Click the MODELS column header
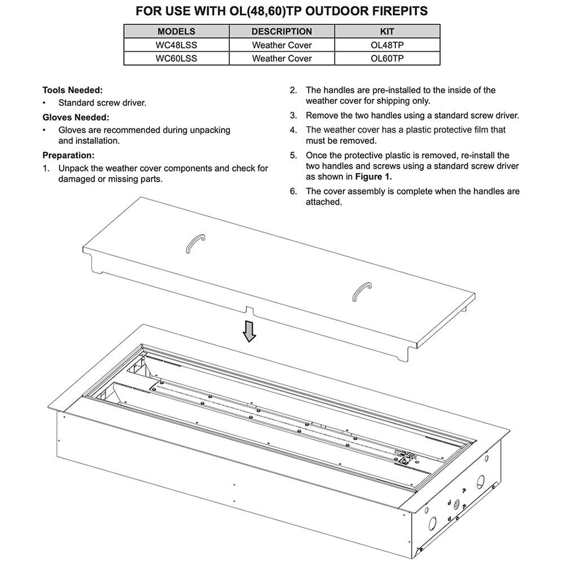[x=176, y=32]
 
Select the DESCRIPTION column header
[x=281, y=32]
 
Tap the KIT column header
[x=387, y=32]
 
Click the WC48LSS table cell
[x=176, y=45]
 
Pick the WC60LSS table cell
[x=176, y=58]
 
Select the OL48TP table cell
[x=387, y=45]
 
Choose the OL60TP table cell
[x=387, y=58]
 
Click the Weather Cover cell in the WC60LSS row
[x=281, y=58]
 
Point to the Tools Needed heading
[x=73, y=90]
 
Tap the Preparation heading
[x=68, y=155]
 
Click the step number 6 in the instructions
[x=293, y=191]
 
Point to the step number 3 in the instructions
[x=293, y=116]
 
